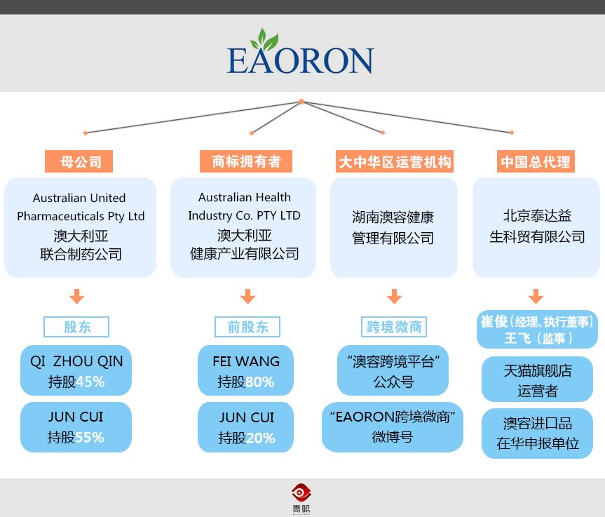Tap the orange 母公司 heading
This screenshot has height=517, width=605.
pos(79,162)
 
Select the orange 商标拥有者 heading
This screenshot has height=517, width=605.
pos(246,162)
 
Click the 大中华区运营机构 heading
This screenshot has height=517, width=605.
pos(395,162)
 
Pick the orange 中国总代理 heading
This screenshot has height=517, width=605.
pos(536,162)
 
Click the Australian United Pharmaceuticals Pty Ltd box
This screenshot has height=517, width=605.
pos(81,227)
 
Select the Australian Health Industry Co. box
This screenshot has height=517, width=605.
pos(244,227)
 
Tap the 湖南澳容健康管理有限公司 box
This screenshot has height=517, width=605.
pos(393,227)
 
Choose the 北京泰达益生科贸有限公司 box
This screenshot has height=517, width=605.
pos(537,227)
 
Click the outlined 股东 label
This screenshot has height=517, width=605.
pos(77,327)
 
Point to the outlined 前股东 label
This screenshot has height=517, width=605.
pos(247,327)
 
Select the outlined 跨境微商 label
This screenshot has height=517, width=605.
pos(395,327)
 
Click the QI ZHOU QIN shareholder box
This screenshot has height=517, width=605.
pos(76,371)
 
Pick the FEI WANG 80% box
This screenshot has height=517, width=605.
pos(245,371)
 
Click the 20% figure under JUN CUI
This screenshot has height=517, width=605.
pos(260,438)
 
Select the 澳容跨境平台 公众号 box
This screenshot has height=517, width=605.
pos(393,371)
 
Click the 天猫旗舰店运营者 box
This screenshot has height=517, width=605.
pos(537,380)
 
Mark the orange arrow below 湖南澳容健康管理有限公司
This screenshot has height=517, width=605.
pos(394,297)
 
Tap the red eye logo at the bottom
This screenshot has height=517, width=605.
pos(301,492)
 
